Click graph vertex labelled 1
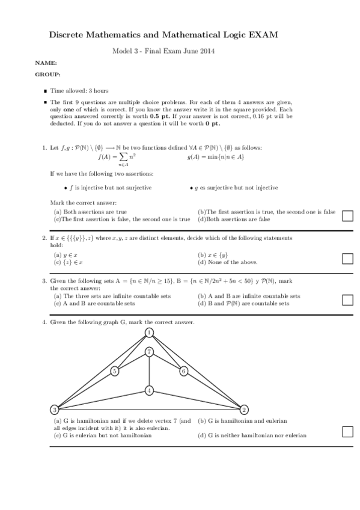[149, 333]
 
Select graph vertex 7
[149, 351]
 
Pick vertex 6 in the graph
[184, 371]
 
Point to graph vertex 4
[149, 391]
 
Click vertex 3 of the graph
[55, 410]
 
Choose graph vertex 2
[244, 410]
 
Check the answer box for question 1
[347, 216]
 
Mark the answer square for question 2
[347, 259]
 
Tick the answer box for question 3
[347, 300]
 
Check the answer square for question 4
[347, 431]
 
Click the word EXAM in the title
[264, 36]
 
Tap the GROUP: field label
[48, 75]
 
